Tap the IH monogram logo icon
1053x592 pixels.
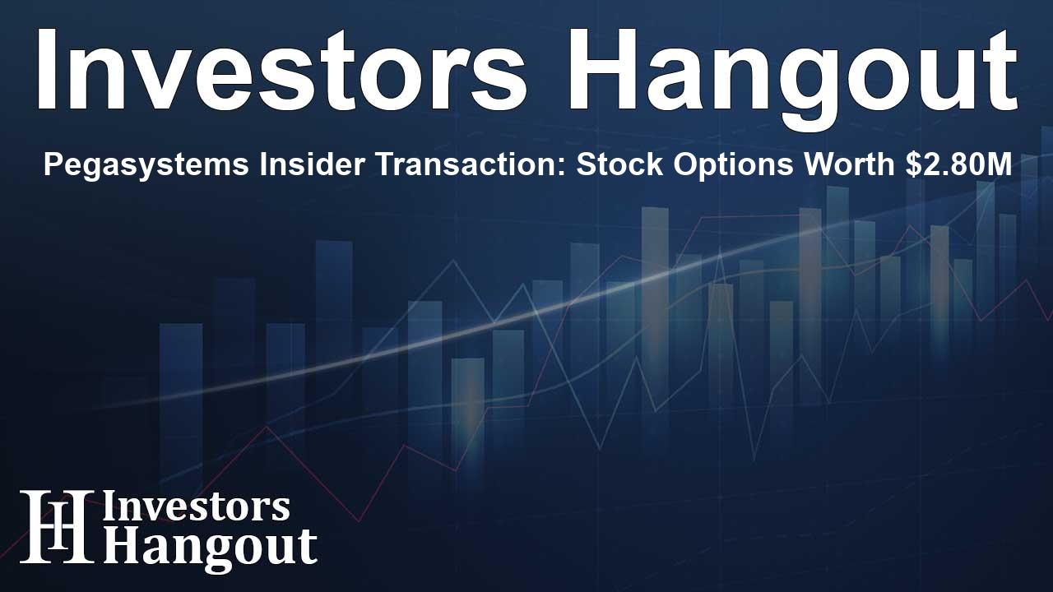coord(57,526)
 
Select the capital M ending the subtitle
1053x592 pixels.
coord(1000,166)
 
